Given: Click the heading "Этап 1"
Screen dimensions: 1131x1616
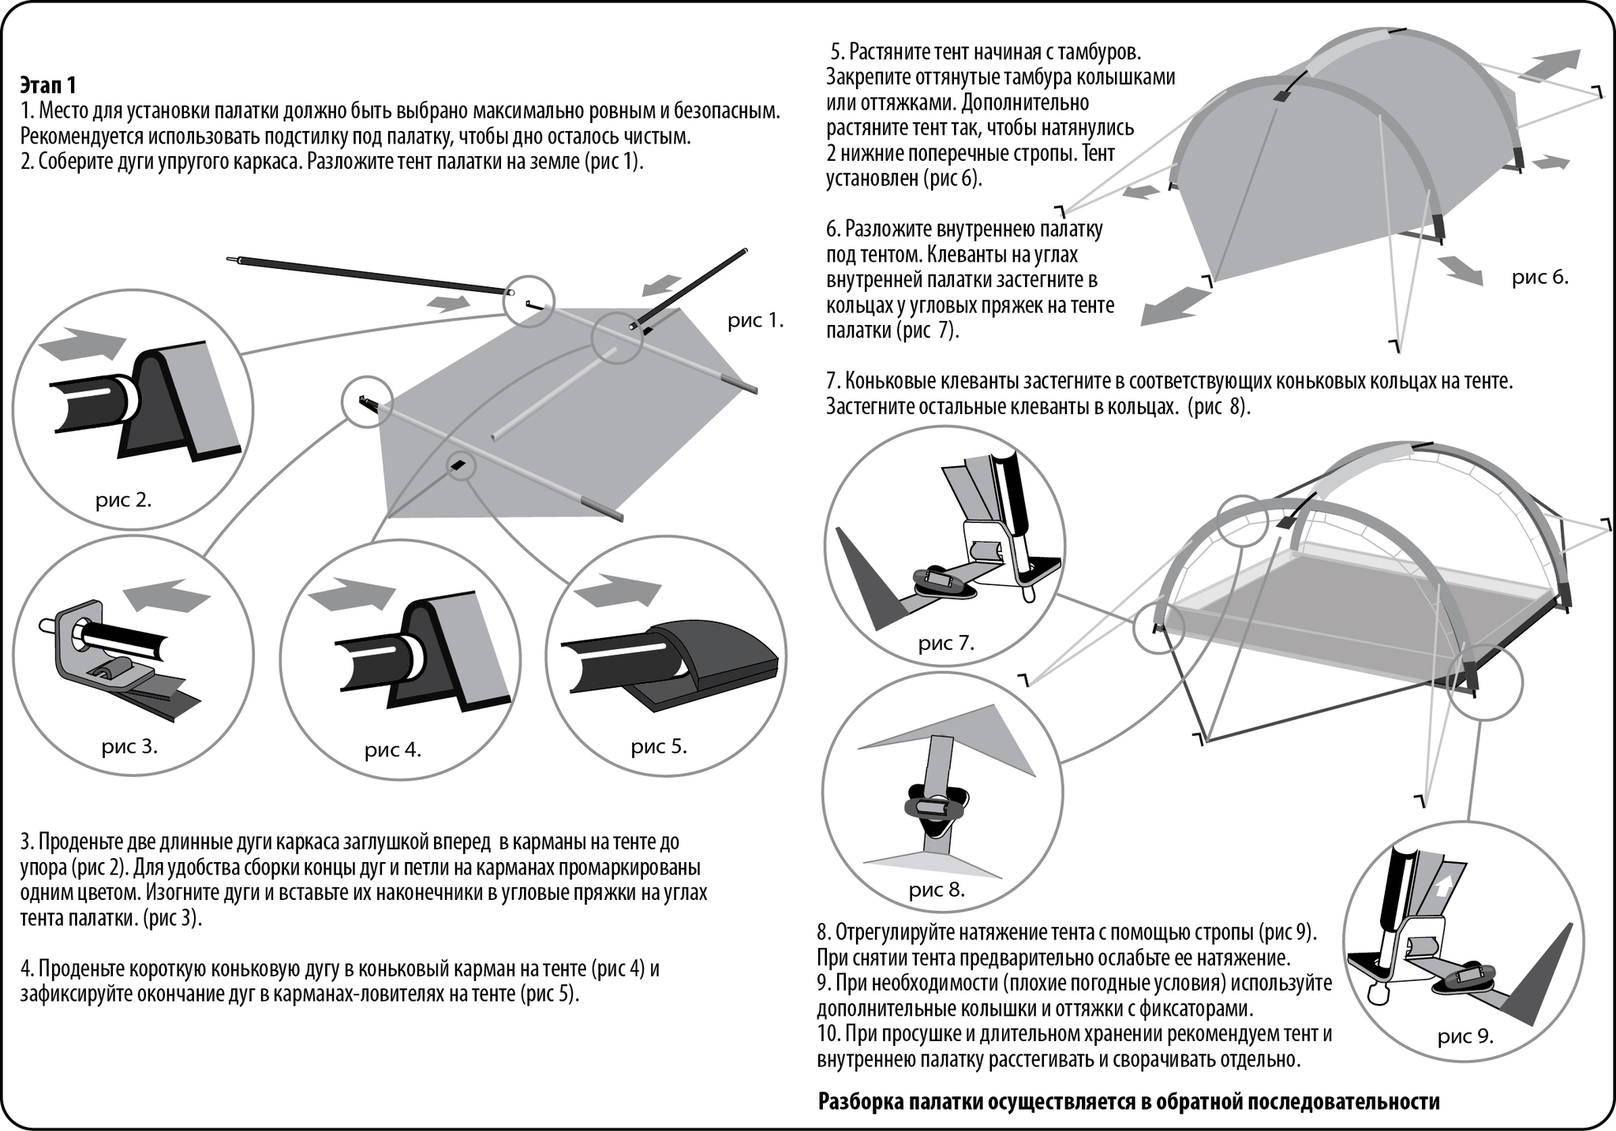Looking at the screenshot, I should tap(48, 84).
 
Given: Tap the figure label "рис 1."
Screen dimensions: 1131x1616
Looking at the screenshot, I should tap(755, 321).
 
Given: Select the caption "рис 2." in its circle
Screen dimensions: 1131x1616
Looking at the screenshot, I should tap(123, 500).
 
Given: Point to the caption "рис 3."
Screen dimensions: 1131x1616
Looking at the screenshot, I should tap(129, 746).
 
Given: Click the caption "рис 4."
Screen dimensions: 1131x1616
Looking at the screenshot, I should tap(392, 750).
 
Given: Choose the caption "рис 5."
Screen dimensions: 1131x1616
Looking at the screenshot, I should tap(659, 746).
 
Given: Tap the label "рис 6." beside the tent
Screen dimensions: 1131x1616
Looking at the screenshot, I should tap(1539, 278).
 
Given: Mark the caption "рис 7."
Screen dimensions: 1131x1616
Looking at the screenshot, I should tap(946, 643).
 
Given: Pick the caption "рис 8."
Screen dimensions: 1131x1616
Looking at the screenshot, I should tap(937, 890).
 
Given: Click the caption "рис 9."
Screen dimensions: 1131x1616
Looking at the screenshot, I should tap(1465, 1036).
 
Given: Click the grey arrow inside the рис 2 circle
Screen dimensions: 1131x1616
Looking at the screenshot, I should tap(82, 345).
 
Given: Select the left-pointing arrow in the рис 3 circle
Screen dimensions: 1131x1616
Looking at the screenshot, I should tap(168, 597).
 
